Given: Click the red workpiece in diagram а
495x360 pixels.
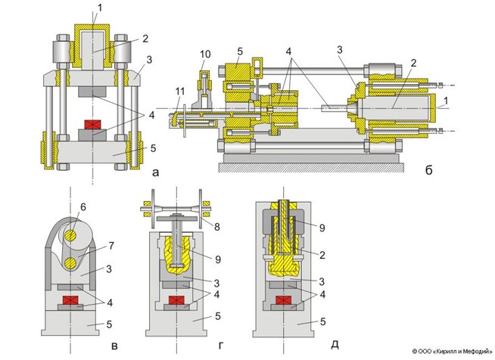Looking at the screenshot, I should pos(93,125).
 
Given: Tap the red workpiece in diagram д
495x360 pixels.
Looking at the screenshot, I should pos(285,301).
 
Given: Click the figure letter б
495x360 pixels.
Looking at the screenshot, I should pos(428,172).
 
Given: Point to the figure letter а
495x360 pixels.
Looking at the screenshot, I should pos(155,172).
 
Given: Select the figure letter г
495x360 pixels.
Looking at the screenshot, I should pos(219,346).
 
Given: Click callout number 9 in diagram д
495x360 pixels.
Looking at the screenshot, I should pos(321,226).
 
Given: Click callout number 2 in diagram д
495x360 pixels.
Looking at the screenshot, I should pos(321,255).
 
